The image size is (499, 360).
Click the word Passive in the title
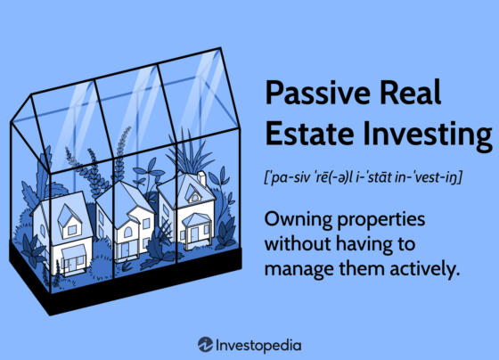click(x=317, y=93)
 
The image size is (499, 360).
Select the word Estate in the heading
click(x=309, y=133)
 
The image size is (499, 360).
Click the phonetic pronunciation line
click(x=364, y=177)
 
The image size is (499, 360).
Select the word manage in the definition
click(x=299, y=269)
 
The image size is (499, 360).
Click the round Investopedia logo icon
click(x=205, y=344)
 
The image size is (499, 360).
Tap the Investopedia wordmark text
click(x=258, y=346)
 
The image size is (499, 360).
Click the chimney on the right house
click(x=202, y=179)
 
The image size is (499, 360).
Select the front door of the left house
click(x=72, y=264)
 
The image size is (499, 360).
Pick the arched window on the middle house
click(x=127, y=232)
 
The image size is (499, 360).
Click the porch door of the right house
click(x=194, y=234)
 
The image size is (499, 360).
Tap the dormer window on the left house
click(x=72, y=230)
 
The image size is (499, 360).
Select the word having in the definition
click(x=362, y=245)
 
